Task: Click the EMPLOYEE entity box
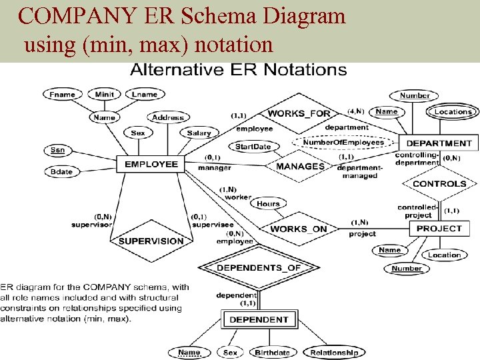152,164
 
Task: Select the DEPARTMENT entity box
438,143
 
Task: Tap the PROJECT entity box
438,228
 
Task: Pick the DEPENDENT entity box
259,319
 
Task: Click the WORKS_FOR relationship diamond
299,113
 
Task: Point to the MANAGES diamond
300,166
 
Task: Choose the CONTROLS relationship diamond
439,183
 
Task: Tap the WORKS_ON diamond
299,229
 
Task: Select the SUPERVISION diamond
151,241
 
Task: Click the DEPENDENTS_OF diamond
259,268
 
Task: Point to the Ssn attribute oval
58,150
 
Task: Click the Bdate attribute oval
61,171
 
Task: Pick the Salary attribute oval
199,133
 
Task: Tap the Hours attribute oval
268,203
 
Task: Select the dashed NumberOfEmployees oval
343,142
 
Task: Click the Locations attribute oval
453,112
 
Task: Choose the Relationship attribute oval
334,353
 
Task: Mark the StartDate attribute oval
253,147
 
